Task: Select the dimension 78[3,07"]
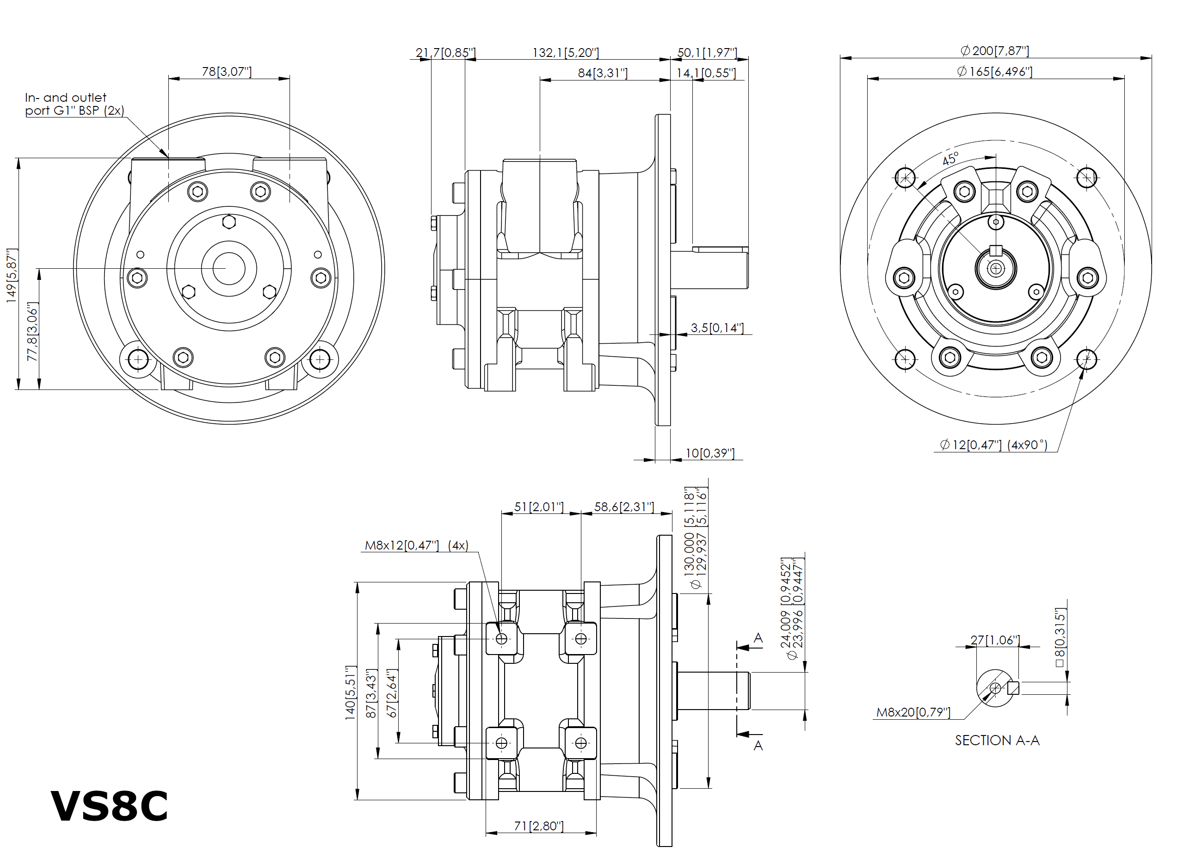(x=227, y=72)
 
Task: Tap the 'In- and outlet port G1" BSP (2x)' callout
(x=74, y=104)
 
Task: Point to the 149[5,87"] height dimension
(x=12, y=275)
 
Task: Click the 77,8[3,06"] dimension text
(x=32, y=332)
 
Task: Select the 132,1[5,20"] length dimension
(x=565, y=53)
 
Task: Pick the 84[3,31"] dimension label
(x=603, y=73)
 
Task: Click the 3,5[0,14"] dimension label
(x=717, y=328)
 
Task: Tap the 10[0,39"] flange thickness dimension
(x=709, y=453)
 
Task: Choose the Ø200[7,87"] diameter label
(x=994, y=51)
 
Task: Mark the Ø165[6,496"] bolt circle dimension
(x=994, y=72)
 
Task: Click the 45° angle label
(x=950, y=159)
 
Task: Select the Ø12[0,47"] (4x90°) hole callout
(x=993, y=445)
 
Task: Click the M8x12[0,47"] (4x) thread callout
(x=416, y=546)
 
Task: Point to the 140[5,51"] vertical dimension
(x=350, y=693)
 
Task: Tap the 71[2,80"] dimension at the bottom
(x=539, y=826)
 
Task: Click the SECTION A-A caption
(x=997, y=741)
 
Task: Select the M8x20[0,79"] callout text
(x=913, y=712)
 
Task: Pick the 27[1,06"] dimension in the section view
(x=994, y=640)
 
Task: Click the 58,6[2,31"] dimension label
(x=624, y=507)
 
